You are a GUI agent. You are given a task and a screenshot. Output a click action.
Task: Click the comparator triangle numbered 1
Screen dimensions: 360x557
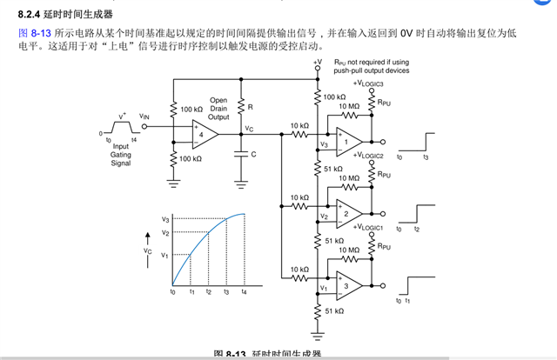pyautogui.click(x=347, y=141)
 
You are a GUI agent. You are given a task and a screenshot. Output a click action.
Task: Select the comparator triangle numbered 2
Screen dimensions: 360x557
pyautogui.click(x=347, y=213)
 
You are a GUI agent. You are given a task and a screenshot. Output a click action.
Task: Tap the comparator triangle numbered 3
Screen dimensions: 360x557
pyautogui.click(x=347, y=285)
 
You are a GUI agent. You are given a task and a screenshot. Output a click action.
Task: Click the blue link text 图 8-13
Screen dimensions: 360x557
pyautogui.click(x=35, y=32)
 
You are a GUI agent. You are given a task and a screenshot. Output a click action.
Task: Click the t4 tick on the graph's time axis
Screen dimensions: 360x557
pyautogui.click(x=244, y=293)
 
